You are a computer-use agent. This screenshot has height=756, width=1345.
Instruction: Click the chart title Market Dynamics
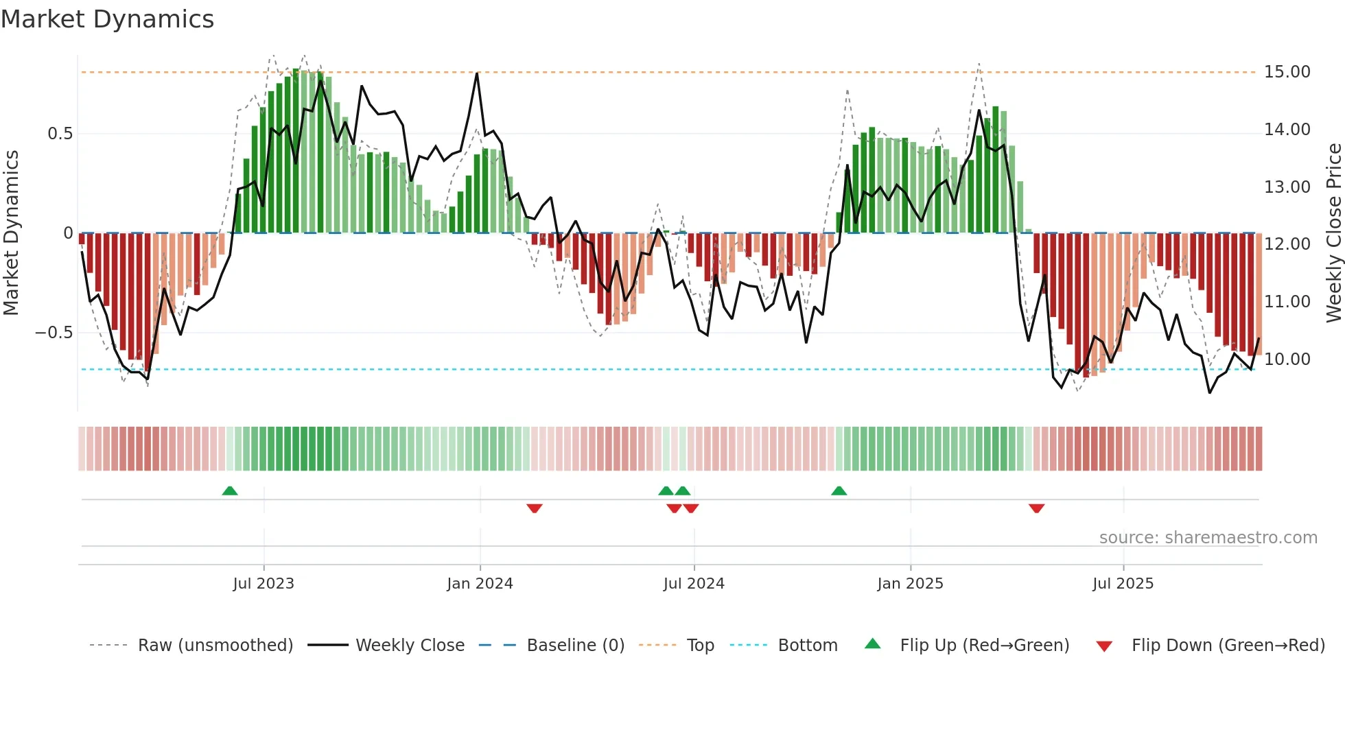[107, 19]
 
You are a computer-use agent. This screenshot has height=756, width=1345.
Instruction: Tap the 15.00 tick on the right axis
[1287, 72]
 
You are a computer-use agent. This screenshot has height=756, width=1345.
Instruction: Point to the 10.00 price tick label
[1287, 359]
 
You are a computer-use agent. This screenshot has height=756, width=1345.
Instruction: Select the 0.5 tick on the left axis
[60, 134]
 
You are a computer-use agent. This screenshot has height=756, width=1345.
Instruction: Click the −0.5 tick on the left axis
[54, 333]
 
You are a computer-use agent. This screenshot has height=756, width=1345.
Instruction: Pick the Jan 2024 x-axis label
[480, 584]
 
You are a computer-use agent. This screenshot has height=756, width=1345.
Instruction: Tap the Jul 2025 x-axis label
[1123, 584]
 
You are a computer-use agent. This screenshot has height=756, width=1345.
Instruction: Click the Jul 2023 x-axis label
[264, 584]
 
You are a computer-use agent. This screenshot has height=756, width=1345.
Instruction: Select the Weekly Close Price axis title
[1333, 233]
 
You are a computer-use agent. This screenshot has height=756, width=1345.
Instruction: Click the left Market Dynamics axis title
[11, 233]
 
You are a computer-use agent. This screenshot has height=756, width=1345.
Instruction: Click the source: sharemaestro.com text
[1208, 538]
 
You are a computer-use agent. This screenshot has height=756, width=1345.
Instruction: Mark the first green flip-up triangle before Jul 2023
[230, 491]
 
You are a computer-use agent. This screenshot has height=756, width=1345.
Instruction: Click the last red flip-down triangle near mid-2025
[1036, 508]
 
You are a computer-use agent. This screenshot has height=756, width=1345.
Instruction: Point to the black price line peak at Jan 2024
[477, 73]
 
